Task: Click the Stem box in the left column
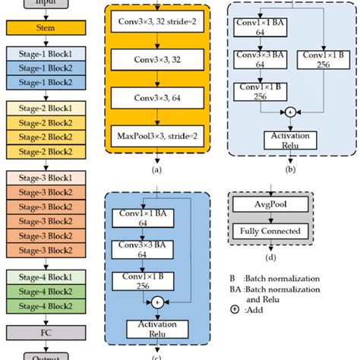tap(47, 29)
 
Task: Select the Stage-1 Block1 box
tap(47, 54)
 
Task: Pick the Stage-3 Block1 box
tap(47, 177)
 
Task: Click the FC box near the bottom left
tap(47, 332)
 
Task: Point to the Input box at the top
tap(47, 4)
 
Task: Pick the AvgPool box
tap(270, 206)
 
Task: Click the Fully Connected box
tap(270, 231)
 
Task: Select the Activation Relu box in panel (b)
tap(289, 139)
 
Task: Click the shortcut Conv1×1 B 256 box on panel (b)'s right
tap(324, 60)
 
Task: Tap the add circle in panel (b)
tap(289, 112)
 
